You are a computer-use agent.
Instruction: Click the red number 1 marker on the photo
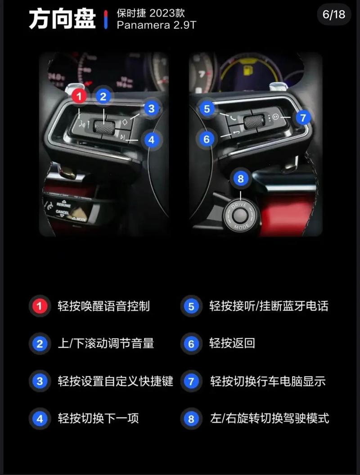(x=79, y=96)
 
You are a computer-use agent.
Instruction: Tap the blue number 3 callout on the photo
(x=151, y=108)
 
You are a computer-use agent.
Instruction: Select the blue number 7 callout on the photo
(x=303, y=118)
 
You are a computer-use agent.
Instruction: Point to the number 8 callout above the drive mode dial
(x=241, y=179)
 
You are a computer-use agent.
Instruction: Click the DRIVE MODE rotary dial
(x=240, y=216)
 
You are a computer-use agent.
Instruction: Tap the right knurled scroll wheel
(x=254, y=121)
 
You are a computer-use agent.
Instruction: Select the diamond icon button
(x=125, y=122)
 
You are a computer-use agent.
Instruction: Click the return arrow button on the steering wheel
(x=236, y=132)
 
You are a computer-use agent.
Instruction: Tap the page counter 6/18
(x=334, y=14)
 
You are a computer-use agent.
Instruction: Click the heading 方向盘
(x=62, y=19)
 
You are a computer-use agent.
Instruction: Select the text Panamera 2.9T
(x=157, y=25)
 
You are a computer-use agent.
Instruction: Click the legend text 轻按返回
(x=232, y=343)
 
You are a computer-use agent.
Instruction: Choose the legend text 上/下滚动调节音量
(x=106, y=344)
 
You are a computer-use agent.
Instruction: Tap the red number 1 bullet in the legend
(x=39, y=306)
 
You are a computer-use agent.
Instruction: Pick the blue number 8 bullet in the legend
(x=191, y=419)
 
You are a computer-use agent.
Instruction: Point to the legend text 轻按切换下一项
(x=98, y=418)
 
